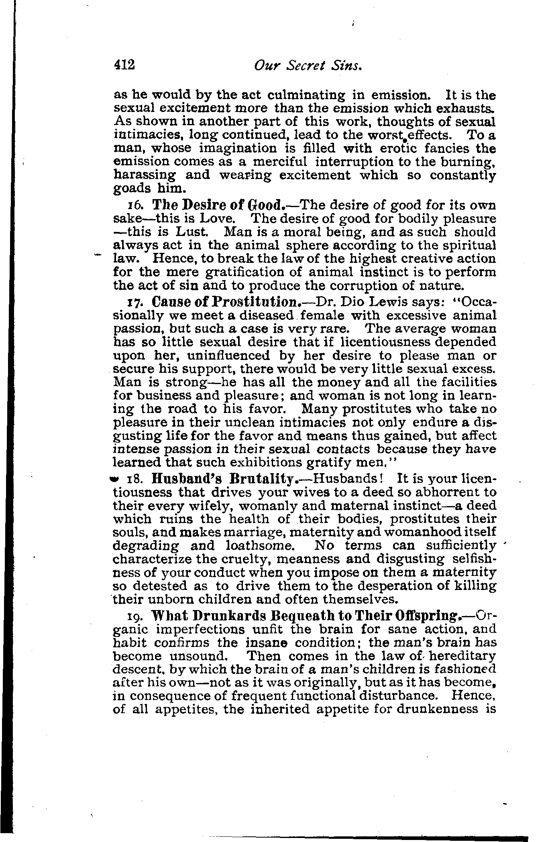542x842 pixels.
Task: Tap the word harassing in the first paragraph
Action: tap(145, 175)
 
